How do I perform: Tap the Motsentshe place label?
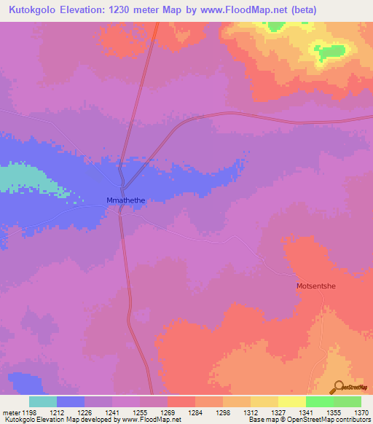(316, 286)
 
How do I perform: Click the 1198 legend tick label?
(29, 413)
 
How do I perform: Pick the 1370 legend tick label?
(362, 413)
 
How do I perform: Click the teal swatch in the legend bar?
(43, 401)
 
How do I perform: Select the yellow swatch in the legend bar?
(291, 401)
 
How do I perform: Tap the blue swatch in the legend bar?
(71, 401)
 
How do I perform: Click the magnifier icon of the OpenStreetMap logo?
(338, 387)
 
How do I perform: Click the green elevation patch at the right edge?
(331, 52)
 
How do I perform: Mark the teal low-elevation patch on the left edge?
(18, 177)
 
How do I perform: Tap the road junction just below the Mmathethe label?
(121, 211)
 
